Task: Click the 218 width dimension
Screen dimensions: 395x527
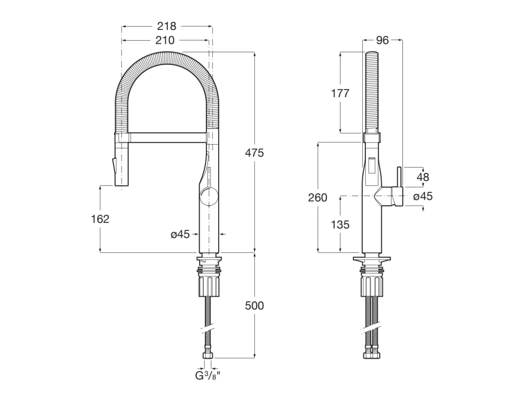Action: (x=167, y=26)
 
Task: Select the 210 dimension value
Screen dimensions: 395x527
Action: (x=165, y=40)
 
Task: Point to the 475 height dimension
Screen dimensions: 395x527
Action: (x=254, y=153)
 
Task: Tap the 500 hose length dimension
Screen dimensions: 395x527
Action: (x=254, y=306)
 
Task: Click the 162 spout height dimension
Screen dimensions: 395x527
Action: (x=100, y=219)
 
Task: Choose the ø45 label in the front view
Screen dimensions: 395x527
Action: (x=180, y=235)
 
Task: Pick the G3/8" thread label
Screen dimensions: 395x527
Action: (x=207, y=375)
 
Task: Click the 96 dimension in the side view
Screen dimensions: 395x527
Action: (x=382, y=41)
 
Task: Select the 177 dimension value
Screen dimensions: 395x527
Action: (x=340, y=93)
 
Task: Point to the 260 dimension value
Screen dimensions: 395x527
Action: (x=318, y=198)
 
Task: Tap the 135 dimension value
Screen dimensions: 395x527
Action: (x=340, y=224)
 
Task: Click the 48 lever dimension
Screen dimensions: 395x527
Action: (x=423, y=177)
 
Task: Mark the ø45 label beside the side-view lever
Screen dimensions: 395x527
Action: (x=423, y=196)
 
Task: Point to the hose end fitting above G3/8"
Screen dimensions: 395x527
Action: (x=208, y=354)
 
